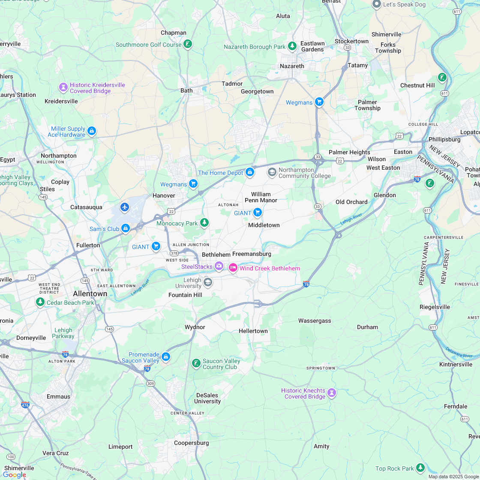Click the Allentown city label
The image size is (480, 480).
pos(90,294)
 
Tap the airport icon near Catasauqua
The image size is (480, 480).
pos(125,207)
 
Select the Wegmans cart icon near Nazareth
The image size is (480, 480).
pos(319,102)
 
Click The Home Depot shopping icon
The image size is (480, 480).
pos(250,173)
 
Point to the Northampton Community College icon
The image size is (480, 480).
pos(272,172)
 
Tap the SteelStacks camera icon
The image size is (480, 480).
pos(219,267)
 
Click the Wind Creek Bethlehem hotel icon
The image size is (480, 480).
pos(233,268)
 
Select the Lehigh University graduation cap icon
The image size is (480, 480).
pos(208,282)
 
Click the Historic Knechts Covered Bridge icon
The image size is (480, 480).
pos(332,393)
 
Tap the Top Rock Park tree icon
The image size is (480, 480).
pos(420,468)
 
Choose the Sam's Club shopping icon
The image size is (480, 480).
pos(126,229)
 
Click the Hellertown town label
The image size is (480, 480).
pos(253,331)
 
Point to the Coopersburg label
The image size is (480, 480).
pos(191,443)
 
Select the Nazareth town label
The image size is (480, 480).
pos(292,66)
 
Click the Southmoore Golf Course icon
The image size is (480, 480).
pos(188,44)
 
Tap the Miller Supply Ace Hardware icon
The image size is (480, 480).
pos(91,131)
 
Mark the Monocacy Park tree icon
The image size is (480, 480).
pos(205,223)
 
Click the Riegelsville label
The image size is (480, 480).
pos(435,307)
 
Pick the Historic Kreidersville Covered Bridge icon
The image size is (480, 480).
pos(63,87)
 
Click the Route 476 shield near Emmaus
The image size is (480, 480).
pos(25,405)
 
